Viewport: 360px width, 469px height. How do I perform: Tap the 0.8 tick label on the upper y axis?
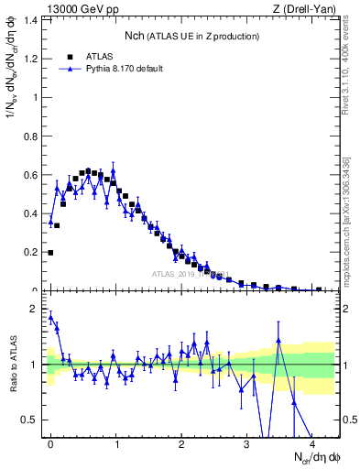pos(32,136)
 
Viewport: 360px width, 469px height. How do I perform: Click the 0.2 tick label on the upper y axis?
pos(32,252)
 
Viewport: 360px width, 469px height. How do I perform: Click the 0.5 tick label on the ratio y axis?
pos(32,420)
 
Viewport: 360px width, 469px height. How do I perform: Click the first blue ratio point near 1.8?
pos(50,317)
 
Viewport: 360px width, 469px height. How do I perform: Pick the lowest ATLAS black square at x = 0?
pos(50,252)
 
